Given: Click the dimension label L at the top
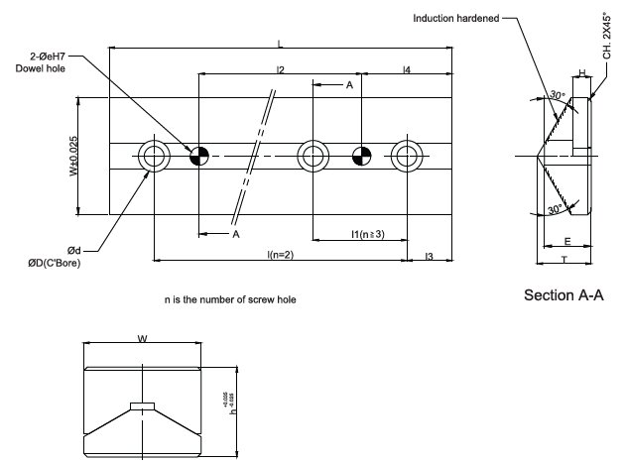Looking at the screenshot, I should pyautogui.click(x=281, y=43).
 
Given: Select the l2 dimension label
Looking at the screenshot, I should pyautogui.click(x=281, y=69).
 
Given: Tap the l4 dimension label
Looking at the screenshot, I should pyautogui.click(x=408, y=69).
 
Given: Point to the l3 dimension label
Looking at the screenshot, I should pyautogui.click(x=429, y=257).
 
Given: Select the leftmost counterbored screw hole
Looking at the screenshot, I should pyautogui.click(x=154, y=155).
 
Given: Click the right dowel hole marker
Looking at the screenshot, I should pyautogui.click(x=362, y=155).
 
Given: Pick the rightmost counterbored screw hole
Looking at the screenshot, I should pyautogui.click(x=407, y=155).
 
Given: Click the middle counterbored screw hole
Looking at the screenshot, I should pyautogui.click(x=313, y=155).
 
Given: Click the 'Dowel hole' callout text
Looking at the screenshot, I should pyautogui.click(x=42, y=68).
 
